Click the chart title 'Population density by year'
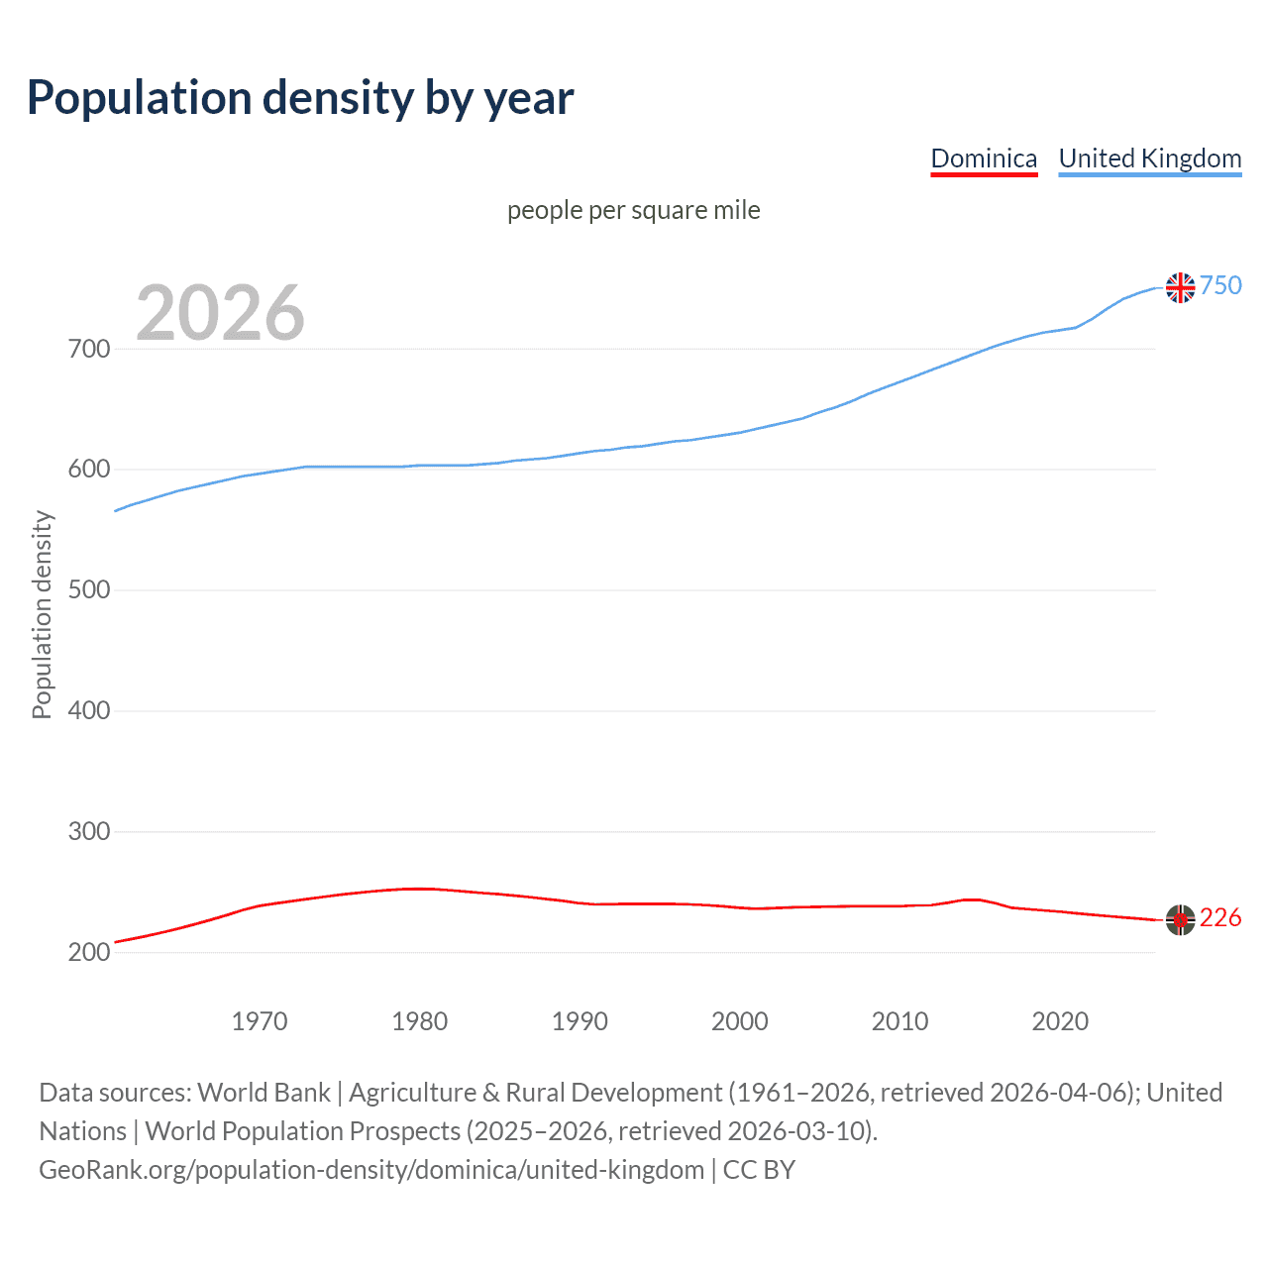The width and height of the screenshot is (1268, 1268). [x=300, y=98]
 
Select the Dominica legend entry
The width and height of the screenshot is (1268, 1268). [x=984, y=158]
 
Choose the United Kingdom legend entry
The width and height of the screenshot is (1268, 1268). [x=1149, y=158]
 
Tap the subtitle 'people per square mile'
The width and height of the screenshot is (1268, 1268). [x=633, y=210]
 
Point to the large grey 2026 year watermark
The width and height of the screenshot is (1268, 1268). [x=220, y=313]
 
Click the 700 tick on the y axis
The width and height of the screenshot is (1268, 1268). [x=89, y=349]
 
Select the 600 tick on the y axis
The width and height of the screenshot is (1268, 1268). [x=89, y=470]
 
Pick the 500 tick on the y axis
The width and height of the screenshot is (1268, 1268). [x=89, y=590]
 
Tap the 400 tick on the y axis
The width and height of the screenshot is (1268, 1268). [x=89, y=710]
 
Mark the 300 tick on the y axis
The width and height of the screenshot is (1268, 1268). [x=89, y=831]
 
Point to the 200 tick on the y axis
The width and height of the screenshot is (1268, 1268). [x=89, y=952]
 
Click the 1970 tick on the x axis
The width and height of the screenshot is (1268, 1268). [x=260, y=1021]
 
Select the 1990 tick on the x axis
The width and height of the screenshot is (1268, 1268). [x=580, y=1021]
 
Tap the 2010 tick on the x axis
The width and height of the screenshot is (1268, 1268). [x=899, y=1021]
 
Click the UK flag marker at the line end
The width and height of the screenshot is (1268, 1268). [x=1180, y=287]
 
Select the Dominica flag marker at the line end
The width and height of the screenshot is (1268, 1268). [x=1180, y=919]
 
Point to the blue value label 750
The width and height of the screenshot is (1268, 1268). [x=1220, y=285]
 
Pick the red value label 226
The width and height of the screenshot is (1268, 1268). [x=1220, y=918]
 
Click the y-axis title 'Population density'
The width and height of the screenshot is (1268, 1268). [x=42, y=614]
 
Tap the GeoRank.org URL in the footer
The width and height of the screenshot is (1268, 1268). [x=371, y=1170]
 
